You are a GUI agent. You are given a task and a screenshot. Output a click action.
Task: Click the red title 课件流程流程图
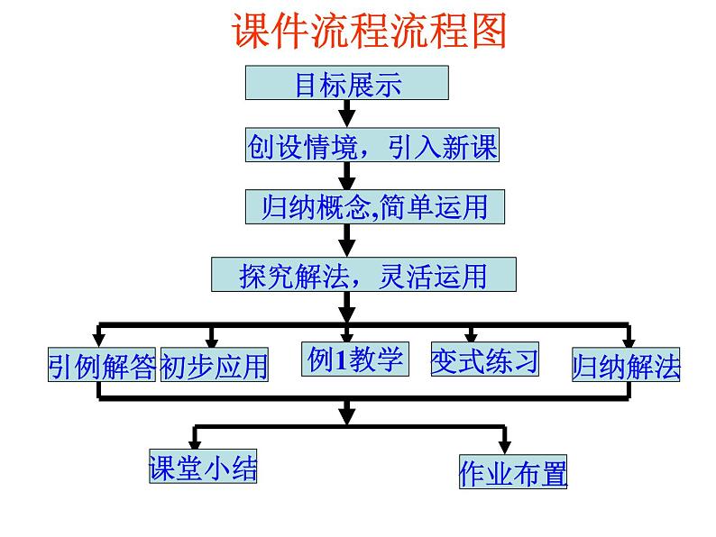click(370, 31)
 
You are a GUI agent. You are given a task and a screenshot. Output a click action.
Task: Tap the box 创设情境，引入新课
click(372, 146)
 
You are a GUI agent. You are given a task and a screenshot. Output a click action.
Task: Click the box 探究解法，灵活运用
click(363, 275)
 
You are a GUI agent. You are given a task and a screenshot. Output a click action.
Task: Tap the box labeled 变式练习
click(484, 360)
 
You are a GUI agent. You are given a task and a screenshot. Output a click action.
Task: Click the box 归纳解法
click(626, 367)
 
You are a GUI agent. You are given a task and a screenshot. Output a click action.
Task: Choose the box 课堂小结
click(203, 468)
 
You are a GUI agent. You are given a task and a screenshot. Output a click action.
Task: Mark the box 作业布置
click(513, 473)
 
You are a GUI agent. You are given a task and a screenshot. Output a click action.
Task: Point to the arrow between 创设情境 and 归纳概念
click(345, 176)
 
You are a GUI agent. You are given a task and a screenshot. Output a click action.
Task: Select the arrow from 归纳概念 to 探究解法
click(345, 241)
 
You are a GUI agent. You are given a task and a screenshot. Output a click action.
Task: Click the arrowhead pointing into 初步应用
click(211, 341)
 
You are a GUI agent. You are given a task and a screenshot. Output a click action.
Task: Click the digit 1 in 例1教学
click(341, 360)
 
